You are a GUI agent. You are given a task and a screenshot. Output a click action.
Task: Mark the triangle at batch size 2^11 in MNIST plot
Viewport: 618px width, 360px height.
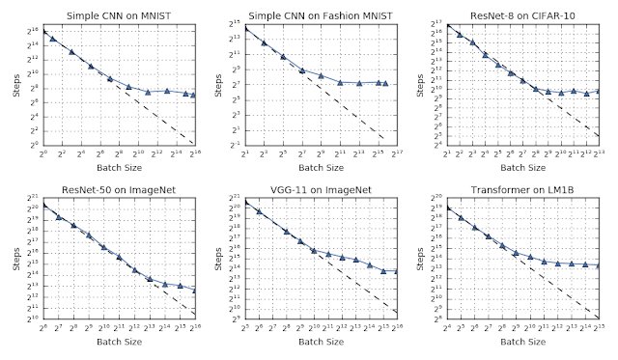click(x=148, y=92)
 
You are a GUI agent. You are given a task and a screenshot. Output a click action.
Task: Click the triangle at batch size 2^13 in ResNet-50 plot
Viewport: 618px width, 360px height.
click(x=150, y=279)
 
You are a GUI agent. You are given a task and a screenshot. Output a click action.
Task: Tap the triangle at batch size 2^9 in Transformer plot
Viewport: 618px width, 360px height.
click(x=516, y=253)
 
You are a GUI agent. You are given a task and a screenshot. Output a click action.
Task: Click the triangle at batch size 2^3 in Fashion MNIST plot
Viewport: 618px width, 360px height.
click(x=264, y=43)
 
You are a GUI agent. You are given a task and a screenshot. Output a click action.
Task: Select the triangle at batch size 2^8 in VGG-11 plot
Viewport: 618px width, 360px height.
click(x=286, y=232)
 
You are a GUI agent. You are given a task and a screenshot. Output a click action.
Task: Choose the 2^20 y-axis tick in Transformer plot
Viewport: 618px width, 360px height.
click(x=435, y=200)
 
